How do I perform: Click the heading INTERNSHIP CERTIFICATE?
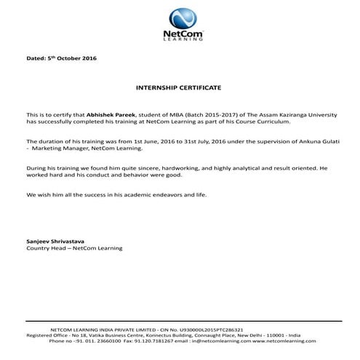click(179, 87)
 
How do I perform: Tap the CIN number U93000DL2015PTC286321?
click(208, 329)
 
